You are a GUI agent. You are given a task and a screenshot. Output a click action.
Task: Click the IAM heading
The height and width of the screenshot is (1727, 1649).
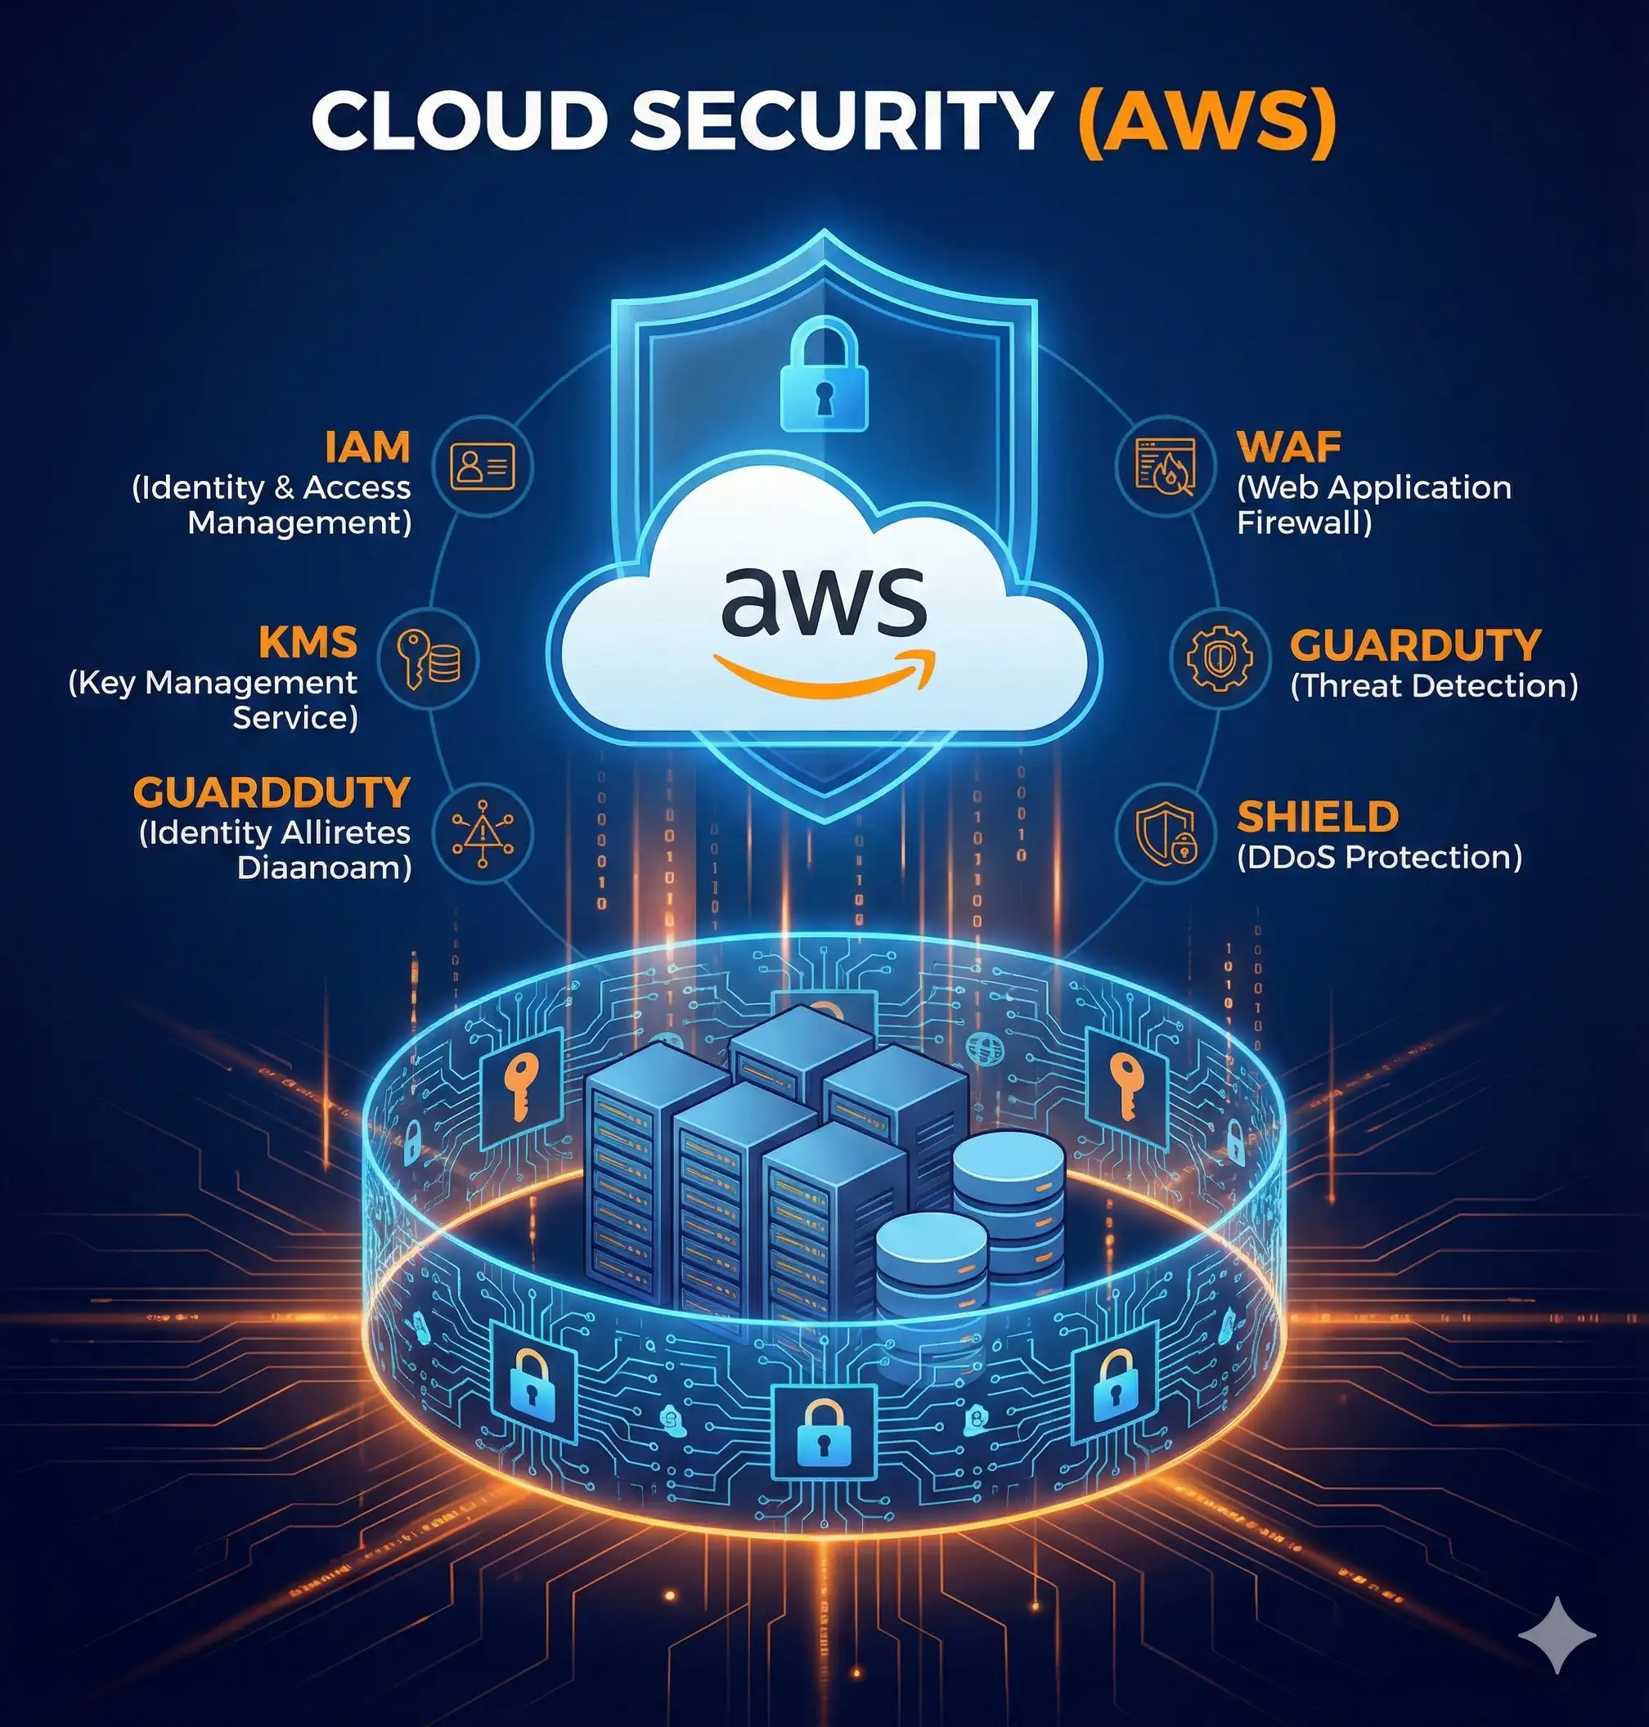[x=367, y=447]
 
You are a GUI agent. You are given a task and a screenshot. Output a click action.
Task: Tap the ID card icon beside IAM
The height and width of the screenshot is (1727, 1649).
[x=483, y=466]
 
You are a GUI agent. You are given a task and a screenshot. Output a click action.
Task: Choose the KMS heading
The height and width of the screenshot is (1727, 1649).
[x=308, y=643]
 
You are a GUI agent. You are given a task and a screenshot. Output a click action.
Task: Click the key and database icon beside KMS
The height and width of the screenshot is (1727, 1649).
[x=428, y=658]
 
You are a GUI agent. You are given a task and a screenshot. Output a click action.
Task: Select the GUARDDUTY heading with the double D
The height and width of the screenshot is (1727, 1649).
[x=272, y=792]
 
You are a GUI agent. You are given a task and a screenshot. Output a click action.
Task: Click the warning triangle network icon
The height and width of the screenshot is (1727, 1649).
[x=483, y=833]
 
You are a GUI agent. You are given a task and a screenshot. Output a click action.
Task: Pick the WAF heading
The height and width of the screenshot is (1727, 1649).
[x=1288, y=447]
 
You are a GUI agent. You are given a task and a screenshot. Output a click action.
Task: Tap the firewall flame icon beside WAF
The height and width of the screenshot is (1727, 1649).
[x=1166, y=466]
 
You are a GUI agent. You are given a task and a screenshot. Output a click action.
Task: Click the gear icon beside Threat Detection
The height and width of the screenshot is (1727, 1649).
[x=1220, y=658]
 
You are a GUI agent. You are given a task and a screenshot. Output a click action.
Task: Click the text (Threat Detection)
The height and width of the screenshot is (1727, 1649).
[x=1434, y=686]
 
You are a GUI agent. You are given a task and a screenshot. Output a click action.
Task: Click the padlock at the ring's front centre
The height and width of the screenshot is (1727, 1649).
[x=824, y=1433]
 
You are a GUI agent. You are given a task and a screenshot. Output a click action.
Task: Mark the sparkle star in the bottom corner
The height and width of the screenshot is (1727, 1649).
[x=1557, y=1635]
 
